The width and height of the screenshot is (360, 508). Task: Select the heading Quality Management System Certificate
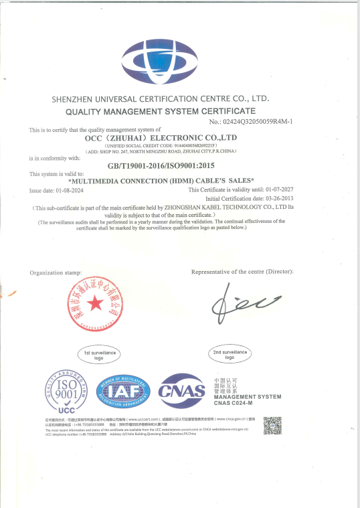[x=161, y=110]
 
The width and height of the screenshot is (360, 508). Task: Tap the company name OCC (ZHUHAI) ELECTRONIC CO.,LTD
[x=161, y=137]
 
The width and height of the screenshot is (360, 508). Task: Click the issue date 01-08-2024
[x=66, y=190]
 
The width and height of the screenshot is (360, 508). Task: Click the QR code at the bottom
[x=272, y=426]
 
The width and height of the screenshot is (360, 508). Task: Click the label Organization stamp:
[x=56, y=273]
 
